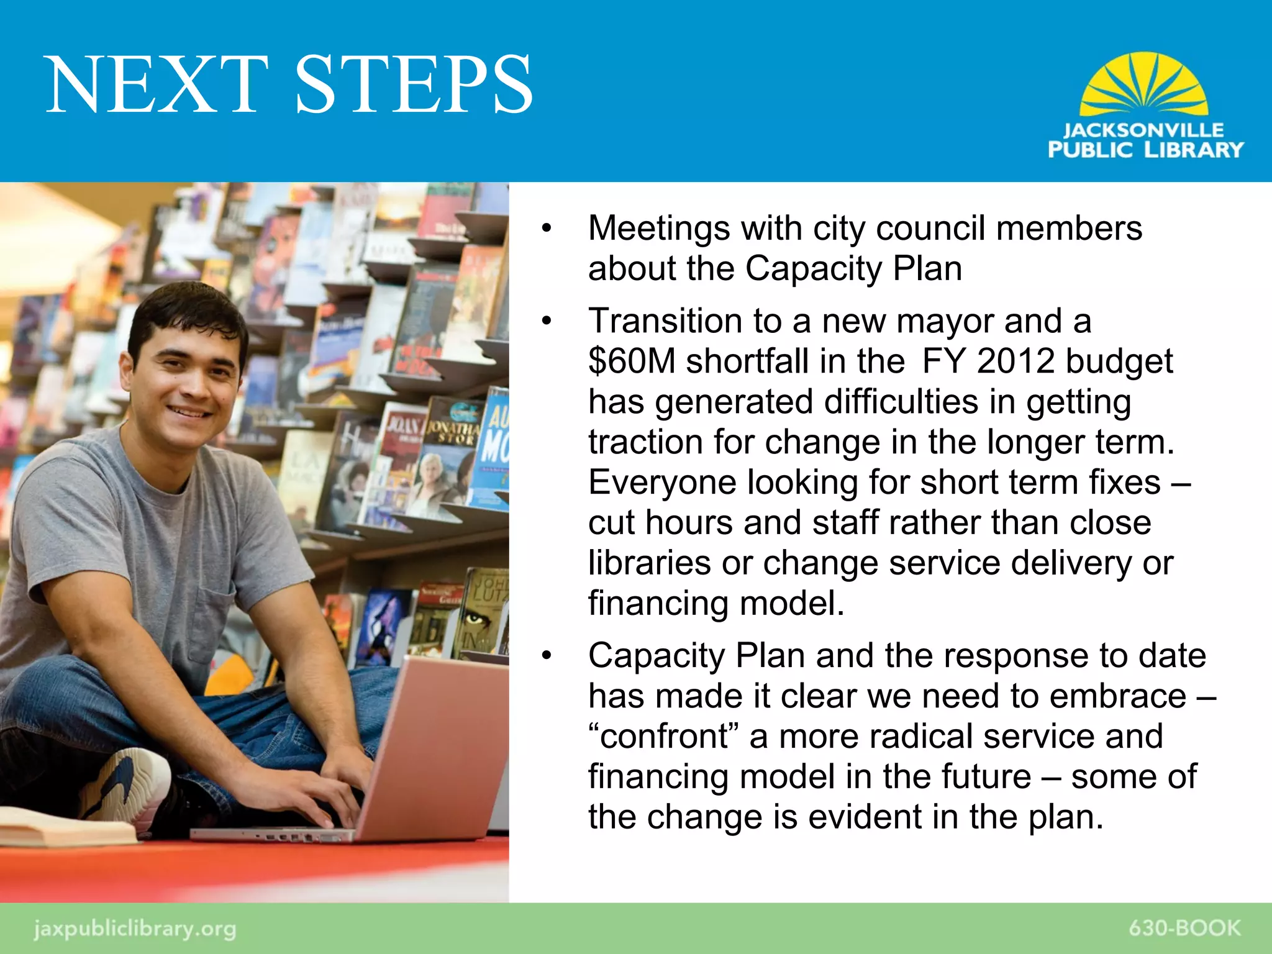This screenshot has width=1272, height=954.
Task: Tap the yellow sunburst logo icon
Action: click(x=1144, y=85)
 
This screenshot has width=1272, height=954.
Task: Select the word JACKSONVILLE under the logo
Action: click(x=1143, y=130)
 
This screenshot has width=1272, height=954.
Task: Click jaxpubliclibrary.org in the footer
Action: click(x=135, y=929)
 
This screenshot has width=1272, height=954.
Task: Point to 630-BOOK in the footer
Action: click(x=1184, y=928)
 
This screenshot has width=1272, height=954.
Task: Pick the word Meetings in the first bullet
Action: click(x=659, y=229)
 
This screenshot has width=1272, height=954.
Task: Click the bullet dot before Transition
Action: click(x=546, y=322)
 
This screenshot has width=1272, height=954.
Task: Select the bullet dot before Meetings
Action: click(x=546, y=229)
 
